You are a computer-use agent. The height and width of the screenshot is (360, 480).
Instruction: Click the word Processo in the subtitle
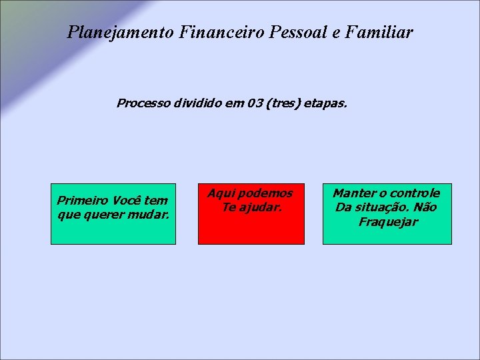143,104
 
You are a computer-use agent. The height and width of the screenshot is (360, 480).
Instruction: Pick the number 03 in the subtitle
254,104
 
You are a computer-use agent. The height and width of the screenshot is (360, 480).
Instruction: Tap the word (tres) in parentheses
283,104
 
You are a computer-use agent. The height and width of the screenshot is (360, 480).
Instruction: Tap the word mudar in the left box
150,215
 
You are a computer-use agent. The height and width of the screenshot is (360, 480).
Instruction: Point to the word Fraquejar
387,222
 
